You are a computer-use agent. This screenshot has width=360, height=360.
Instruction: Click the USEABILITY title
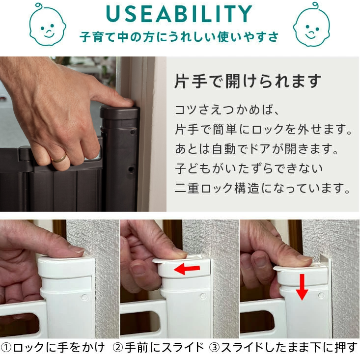click(179, 14)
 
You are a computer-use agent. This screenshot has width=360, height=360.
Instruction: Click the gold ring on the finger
click(59, 158)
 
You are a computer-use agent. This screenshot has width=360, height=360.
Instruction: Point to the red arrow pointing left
click(187, 269)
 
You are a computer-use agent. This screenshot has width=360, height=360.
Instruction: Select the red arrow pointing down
click(302, 287)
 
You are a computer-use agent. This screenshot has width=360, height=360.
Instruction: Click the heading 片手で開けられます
click(248, 81)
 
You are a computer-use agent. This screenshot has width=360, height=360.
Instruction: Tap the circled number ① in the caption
click(6, 348)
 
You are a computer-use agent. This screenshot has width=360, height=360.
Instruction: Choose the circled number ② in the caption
click(118, 348)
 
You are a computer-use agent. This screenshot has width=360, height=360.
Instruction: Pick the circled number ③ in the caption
click(215, 348)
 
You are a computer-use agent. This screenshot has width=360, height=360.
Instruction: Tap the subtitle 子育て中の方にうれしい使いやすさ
click(179, 37)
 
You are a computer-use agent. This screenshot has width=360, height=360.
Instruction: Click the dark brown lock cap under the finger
click(119, 112)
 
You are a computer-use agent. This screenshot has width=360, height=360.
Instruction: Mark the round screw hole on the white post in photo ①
click(84, 297)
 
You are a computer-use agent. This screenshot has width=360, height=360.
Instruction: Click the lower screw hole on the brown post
click(131, 169)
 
